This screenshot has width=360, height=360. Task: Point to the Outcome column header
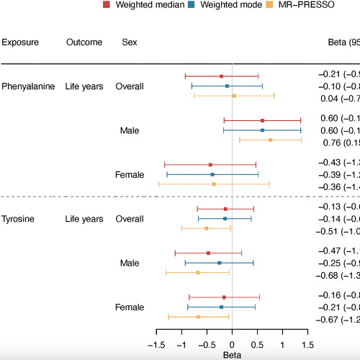point(84,42)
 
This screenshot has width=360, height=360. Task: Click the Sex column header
point(128,42)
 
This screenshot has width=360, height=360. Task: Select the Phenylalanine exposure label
point(28,86)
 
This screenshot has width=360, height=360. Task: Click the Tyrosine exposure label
point(19,218)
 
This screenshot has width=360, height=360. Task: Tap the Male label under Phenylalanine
point(130,130)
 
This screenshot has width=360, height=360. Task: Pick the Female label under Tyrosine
point(130,307)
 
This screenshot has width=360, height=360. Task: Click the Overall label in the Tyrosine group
point(130,218)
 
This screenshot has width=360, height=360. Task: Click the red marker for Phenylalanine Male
point(262,121)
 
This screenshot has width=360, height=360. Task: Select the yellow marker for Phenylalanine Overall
point(234,95)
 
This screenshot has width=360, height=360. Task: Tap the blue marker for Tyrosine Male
point(220,263)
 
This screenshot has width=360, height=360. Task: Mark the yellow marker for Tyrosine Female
point(198,317)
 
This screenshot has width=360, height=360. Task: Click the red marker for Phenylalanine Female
point(210,165)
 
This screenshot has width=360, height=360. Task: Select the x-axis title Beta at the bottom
point(232,355)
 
